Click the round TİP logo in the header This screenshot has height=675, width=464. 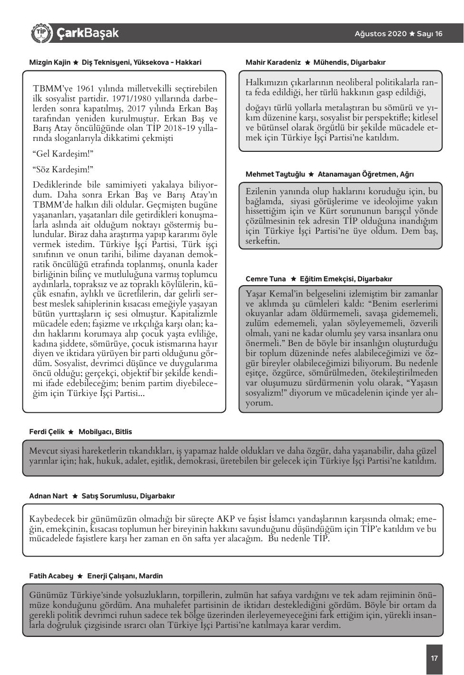point(41,33)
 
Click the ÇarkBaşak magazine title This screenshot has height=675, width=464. point(87,33)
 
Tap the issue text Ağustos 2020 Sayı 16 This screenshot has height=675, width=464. point(398,34)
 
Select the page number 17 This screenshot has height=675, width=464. point(434,659)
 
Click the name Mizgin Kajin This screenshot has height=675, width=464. point(50,62)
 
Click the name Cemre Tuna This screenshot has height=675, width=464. point(266,279)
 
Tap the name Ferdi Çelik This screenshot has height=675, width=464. point(47,432)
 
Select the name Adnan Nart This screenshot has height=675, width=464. point(49,496)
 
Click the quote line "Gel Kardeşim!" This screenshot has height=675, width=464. point(63,154)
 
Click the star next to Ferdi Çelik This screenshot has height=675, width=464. point(71,432)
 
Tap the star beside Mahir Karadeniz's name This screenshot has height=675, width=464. point(307,63)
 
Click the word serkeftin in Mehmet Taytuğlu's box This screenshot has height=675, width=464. point(263,241)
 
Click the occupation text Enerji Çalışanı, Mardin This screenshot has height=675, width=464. point(125,576)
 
